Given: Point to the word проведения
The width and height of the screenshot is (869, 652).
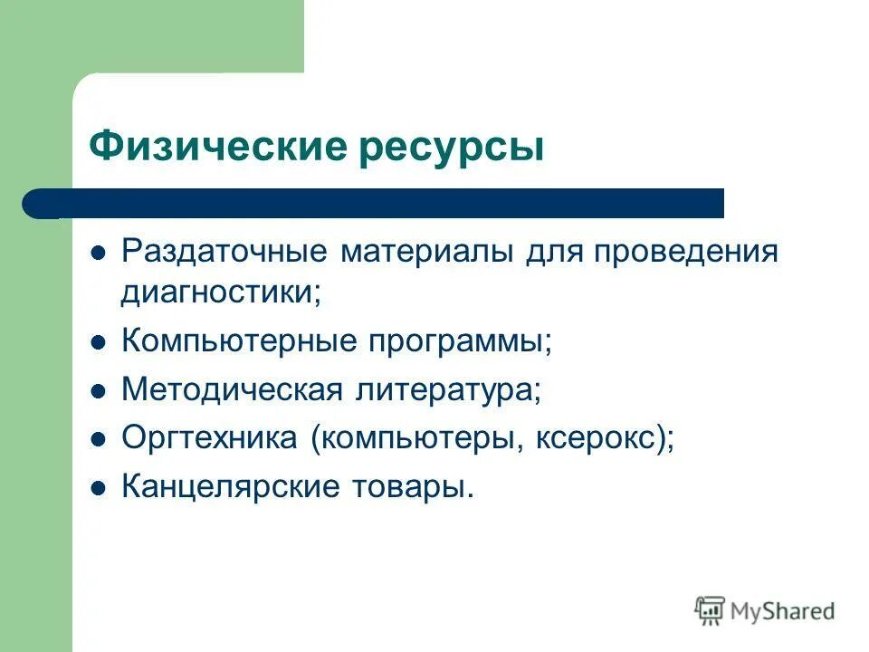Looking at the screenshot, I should click(x=685, y=251).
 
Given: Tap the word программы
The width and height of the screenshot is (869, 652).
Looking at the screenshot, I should click(x=460, y=343).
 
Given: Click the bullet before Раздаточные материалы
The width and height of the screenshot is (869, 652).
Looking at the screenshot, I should click(x=100, y=252).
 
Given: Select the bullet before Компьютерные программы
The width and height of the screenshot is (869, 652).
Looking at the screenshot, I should click(x=100, y=342).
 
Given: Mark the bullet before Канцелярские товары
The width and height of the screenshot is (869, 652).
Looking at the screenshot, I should click(x=100, y=488).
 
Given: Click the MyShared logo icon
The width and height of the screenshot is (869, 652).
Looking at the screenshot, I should click(x=710, y=610).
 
